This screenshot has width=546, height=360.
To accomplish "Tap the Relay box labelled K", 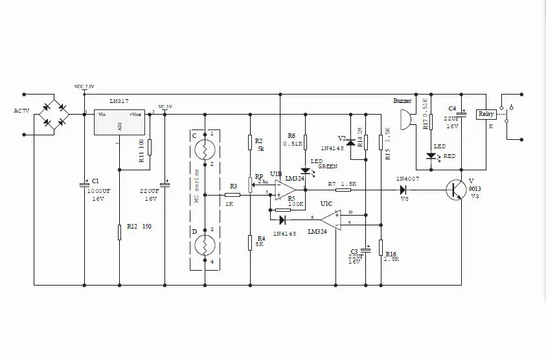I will click(x=485, y=115).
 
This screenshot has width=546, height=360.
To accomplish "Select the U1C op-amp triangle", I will click(x=330, y=219).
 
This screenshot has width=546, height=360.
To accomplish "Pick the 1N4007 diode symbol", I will click(x=403, y=190).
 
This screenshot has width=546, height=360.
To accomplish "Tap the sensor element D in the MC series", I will click(x=205, y=245).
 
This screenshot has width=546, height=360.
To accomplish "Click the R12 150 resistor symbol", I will click(x=120, y=232).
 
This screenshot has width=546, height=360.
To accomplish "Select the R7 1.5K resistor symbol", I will click(x=343, y=190).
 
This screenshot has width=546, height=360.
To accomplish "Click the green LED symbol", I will click(x=306, y=170).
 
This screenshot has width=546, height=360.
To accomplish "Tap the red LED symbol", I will click(x=429, y=155).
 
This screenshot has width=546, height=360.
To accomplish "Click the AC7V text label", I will click(x=23, y=111).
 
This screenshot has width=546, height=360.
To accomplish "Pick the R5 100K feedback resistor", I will click(x=283, y=210).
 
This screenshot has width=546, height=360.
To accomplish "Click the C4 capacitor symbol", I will click(x=461, y=113).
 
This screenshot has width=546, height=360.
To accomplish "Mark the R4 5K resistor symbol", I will click(x=250, y=242).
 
